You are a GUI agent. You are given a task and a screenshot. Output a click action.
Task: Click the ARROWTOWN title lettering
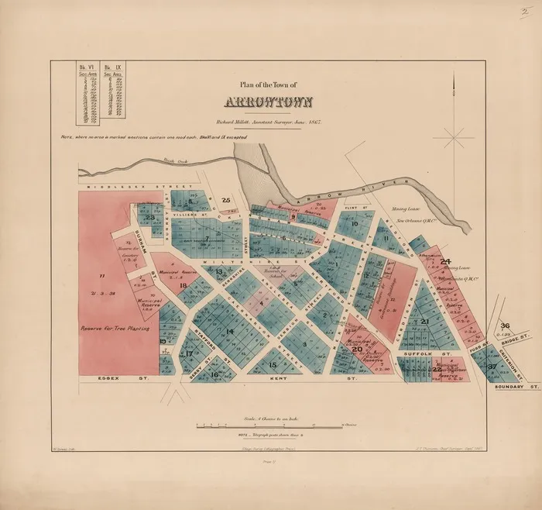tap(269, 102)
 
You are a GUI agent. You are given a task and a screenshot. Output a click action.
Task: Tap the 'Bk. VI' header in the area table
tap(84, 68)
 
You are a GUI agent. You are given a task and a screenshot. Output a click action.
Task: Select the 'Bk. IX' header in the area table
tap(108, 68)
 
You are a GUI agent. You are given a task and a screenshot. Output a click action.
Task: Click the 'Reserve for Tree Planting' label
tap(115, 329)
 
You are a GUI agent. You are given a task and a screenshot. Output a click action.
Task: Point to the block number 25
tap(225, 201)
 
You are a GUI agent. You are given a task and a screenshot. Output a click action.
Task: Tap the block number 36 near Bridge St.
tap(506, 326)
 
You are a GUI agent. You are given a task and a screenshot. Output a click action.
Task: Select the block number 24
tap(444, 262)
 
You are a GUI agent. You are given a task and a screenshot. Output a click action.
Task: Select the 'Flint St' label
tap(358, 207)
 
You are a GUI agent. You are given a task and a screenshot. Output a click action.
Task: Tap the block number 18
tap(184, 285)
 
